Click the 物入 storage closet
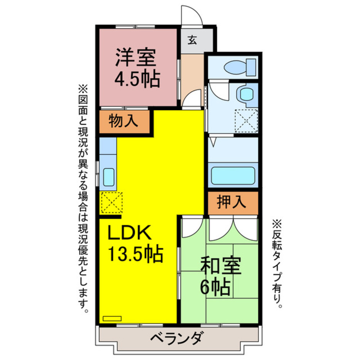123,121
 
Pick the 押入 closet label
231,202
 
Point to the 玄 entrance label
192,40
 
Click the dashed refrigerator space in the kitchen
111,203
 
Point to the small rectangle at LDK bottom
112,318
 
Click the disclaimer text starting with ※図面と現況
83,198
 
